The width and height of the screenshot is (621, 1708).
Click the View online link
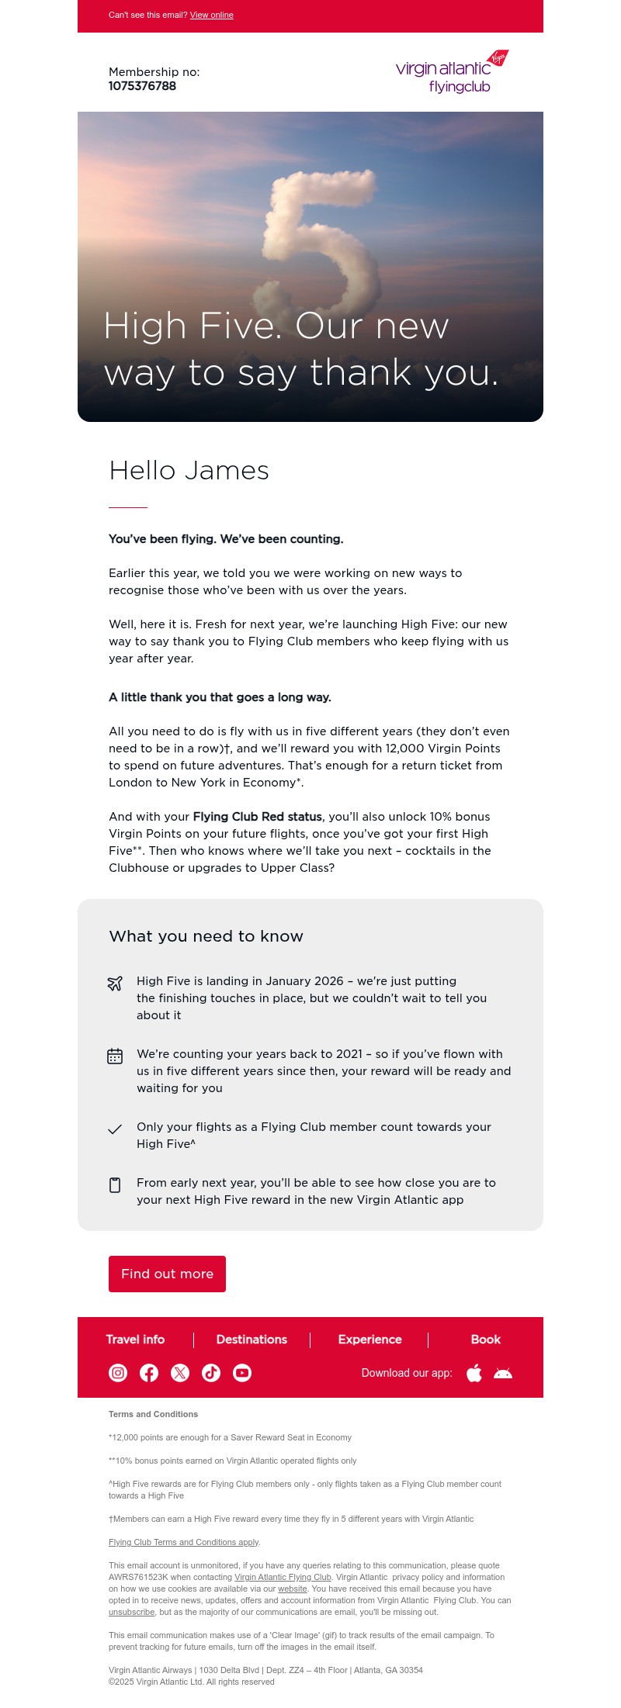coord(211,15)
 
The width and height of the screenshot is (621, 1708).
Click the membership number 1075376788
coord(142,86)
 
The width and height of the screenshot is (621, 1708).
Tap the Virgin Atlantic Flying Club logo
coord(452,72)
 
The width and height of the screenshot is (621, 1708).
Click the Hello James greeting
coord(189,470)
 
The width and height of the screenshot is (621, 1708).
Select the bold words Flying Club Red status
coord(257,817)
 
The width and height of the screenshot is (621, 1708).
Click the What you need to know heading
coord(206,936)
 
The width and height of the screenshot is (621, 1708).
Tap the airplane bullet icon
coord(115,983)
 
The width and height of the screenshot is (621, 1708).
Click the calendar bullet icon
coord(115,1056)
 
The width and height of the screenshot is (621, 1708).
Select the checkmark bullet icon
coord(115,1129)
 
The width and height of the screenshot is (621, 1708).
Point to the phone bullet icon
coord(115,1184)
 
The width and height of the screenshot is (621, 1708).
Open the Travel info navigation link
coord(135,1340)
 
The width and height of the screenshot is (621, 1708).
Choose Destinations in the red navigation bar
coord(252,1340)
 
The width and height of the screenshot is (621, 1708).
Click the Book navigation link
coord(485,1340)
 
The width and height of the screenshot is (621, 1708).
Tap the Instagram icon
coord(118,1373)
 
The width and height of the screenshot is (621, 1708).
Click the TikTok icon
coord(211,1373)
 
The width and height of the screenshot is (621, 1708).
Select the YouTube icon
coord(242,1373)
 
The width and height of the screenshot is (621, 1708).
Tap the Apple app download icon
coord(474,1373)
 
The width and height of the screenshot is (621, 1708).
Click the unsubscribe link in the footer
coord(131,1612)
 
